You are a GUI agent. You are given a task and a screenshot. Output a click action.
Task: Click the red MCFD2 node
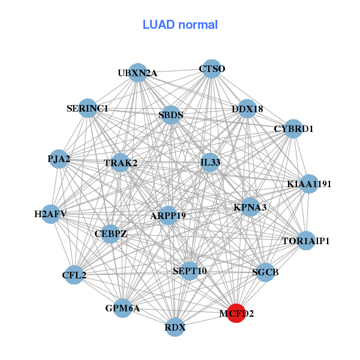tap(236, 313)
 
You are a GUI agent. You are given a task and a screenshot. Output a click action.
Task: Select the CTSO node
tap(211, 69)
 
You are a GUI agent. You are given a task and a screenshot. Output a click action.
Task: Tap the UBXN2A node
tap(138, 73)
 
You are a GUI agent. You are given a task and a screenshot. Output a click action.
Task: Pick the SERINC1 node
tap(88, 109)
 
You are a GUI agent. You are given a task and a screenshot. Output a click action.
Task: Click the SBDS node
tap(171, 115)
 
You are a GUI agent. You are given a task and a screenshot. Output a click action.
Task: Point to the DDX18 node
tap(247, 109)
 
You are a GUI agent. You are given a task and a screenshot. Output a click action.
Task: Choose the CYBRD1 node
tap(293, 128)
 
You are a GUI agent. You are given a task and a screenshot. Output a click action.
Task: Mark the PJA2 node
tap(59, 159)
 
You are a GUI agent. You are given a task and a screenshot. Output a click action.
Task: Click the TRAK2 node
tap(121, 163)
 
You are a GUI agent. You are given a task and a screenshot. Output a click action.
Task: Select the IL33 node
tap(210, 162)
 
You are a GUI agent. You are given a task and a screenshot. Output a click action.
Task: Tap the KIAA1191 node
tap(308, 184)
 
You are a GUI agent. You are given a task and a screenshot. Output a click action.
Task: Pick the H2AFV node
tap(50, 214)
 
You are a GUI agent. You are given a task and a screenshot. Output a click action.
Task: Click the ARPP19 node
tap(168, 215)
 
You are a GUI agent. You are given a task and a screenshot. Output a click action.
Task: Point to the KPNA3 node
tap(250, 207)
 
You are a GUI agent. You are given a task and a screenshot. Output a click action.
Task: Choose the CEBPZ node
tap(110, 233)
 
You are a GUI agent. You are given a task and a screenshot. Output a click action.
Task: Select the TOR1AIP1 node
tap(306, 241)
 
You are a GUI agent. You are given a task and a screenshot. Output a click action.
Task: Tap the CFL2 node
tap(74, 275)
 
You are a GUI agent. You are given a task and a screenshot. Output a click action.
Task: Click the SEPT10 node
tap(190, 271)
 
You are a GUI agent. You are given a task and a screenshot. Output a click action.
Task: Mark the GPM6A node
tap(122, 308)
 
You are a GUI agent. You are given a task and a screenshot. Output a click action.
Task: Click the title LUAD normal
tap(180, 25)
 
